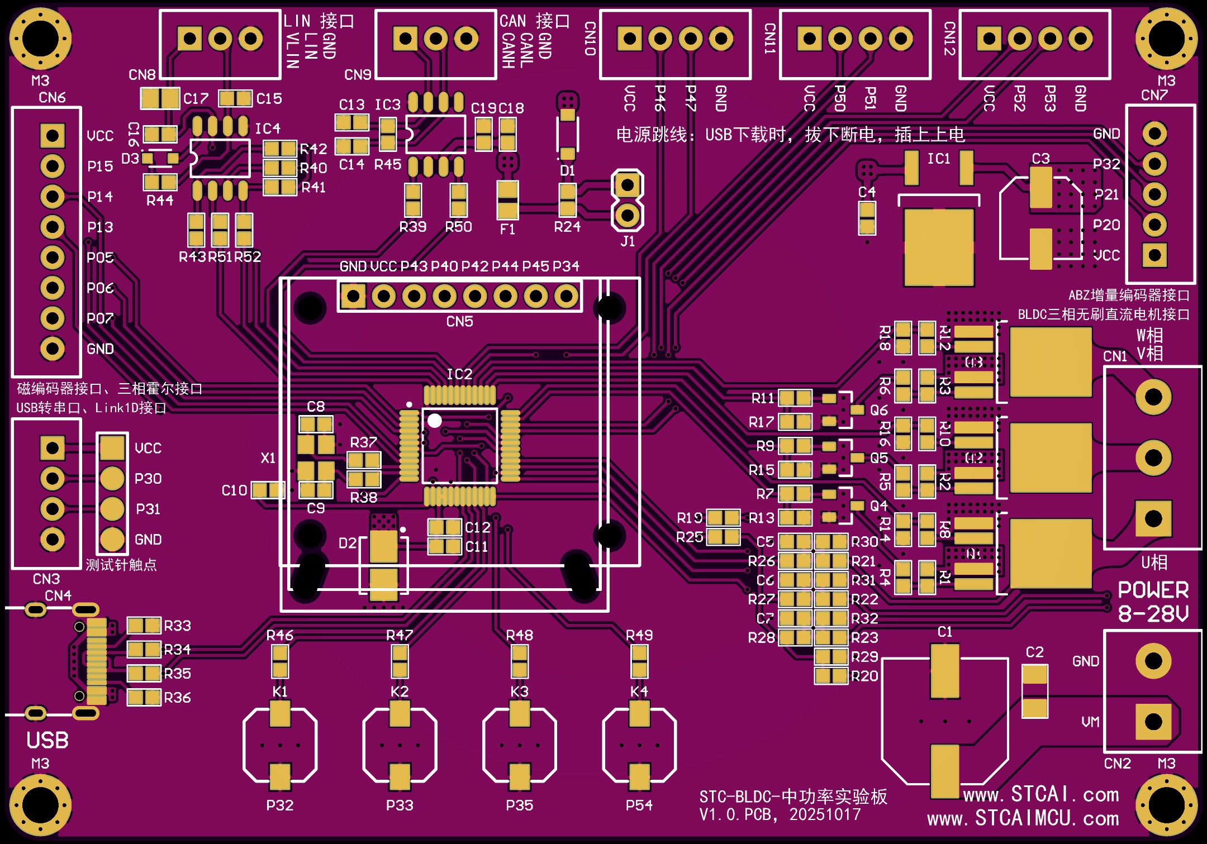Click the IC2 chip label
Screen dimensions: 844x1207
tap(459, 374)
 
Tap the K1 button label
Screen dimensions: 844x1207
tap(280, 692)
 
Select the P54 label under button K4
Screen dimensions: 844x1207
tap(639, 805)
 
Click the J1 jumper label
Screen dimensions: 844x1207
tap(628, 241)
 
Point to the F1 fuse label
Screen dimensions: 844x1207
tap(507, 229)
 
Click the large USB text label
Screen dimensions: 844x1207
tap(47, 740)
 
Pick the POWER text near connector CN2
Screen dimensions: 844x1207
tap(1153, 590)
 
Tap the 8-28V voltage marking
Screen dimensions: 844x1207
tap(1153, 614)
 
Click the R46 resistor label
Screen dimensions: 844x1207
tap(280, 635)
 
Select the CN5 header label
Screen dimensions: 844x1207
tap(459, 321)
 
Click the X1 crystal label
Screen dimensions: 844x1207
tap(268, 458)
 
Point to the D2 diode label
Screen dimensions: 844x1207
tap(348, 543)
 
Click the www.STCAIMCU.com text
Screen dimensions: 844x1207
tap(1023, 818)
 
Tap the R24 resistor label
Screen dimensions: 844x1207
tap(567, 227)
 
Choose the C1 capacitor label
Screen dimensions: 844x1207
tap(945, 632)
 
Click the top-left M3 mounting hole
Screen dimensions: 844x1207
tap(40, 39)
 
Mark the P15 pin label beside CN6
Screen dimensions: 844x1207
tap(100, 166)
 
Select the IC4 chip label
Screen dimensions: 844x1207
tap(268, 129)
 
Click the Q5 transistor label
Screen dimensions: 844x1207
tap(879, 458)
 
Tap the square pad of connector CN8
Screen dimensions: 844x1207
tap(189, 39)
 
